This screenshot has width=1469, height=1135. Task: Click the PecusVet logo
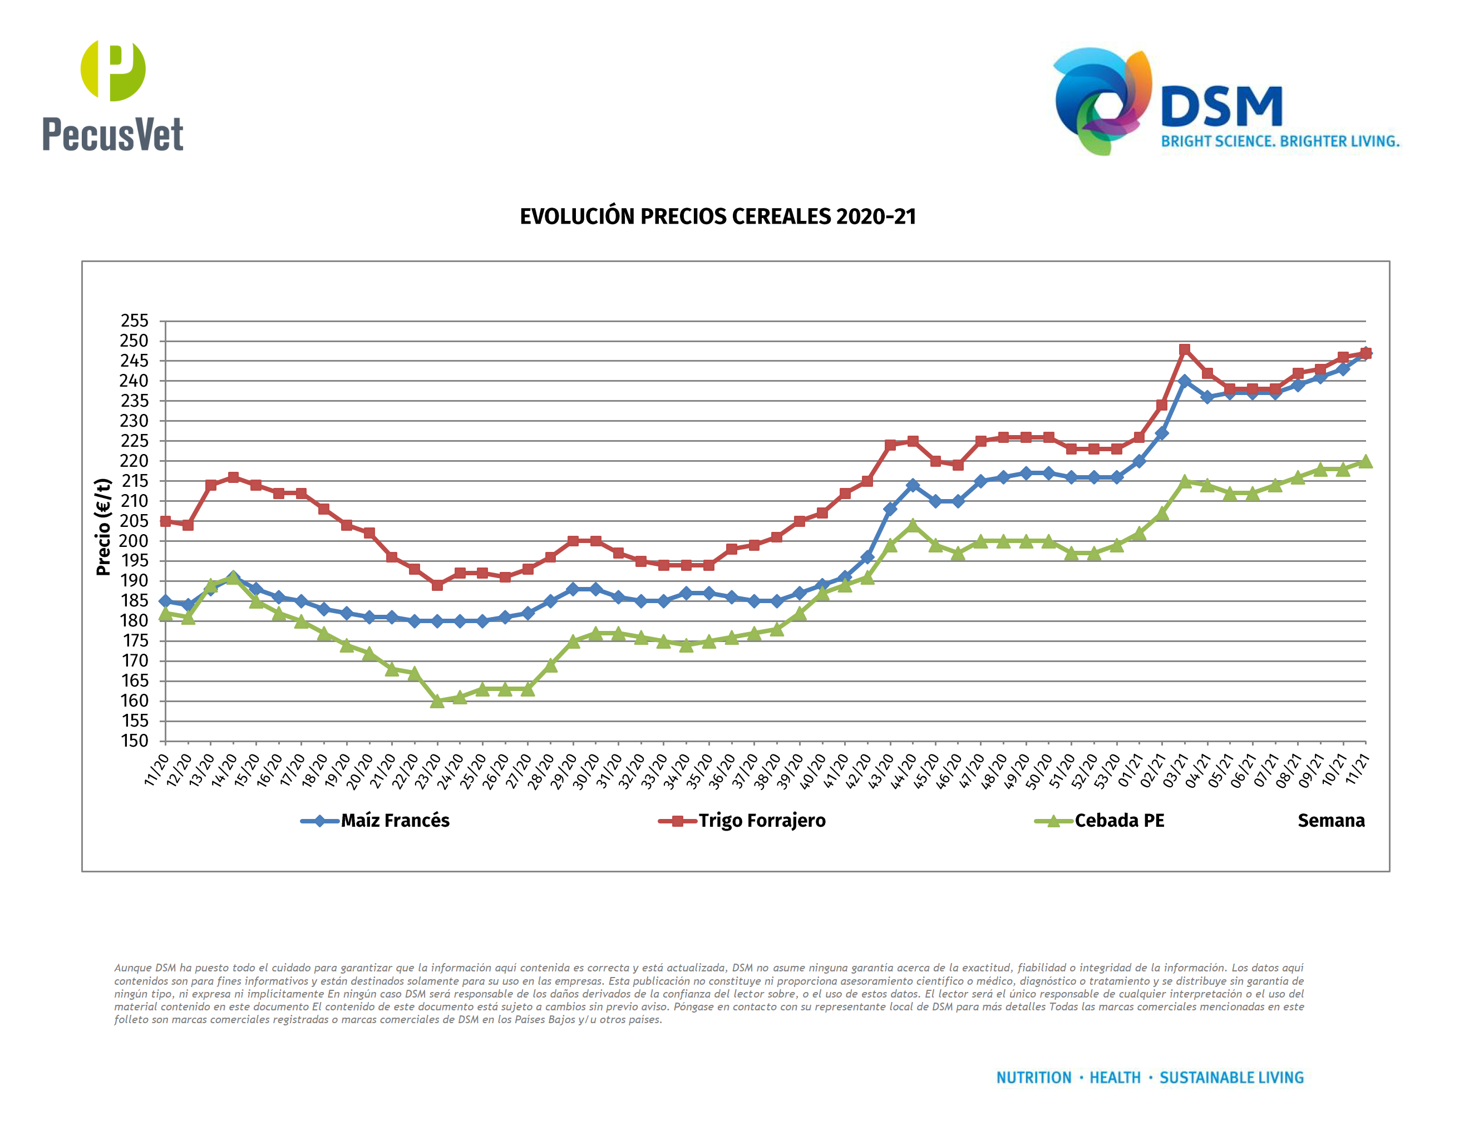point(112,96)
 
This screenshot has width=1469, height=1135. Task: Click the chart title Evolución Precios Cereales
point(718,216)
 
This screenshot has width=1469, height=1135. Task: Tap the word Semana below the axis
point(1330,821)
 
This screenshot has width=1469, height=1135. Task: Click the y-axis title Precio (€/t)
point(103,527)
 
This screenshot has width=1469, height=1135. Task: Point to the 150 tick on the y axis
point(135,741)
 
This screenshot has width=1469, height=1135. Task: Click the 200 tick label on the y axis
point(135,541)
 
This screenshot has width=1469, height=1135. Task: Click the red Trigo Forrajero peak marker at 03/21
point(1185,349)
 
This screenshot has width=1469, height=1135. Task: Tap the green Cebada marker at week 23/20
point(437,701)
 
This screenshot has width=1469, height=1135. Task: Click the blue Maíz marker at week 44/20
point(913,486)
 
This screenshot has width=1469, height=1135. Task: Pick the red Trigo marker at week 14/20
point(233,477)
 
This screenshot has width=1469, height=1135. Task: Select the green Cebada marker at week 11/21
point(1366,461)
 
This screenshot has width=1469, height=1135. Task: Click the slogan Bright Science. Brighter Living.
point(1280,142)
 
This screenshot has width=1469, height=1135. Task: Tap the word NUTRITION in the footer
point(1033,1078)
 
